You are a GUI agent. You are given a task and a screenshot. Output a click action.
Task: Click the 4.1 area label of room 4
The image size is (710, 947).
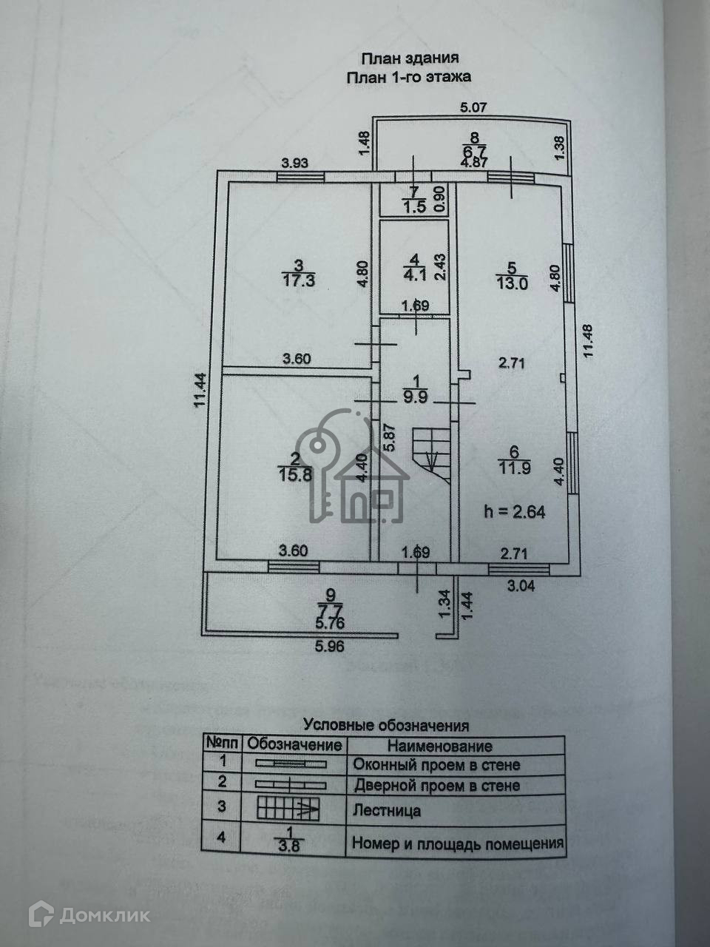click(413, 280)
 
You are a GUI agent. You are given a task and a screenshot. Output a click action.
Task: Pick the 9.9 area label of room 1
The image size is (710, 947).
click(416, 397)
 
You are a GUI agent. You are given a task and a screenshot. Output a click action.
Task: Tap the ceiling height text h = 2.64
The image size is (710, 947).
click(515, 511)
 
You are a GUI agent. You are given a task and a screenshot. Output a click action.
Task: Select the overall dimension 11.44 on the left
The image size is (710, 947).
click(200, 400)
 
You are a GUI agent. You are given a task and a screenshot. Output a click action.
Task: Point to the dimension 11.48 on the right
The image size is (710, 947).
click(589, 343)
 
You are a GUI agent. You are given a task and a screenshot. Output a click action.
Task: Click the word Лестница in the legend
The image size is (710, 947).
click(387, 811)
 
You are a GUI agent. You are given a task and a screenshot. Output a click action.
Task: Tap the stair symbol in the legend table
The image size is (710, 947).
click(288, 809)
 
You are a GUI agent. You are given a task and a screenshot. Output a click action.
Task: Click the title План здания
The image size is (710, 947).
click(409, 58)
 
